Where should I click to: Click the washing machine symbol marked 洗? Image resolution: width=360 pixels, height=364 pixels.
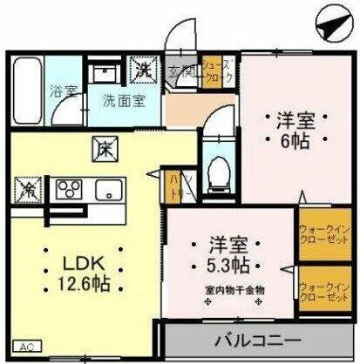tap(141, 66)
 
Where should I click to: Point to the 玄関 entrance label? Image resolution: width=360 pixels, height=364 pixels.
tap(180, 71)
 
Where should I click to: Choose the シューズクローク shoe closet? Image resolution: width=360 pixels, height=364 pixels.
tap(215, 71)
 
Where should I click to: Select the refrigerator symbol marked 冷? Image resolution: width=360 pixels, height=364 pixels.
tap(25, 187)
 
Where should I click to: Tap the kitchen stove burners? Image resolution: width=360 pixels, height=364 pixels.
tap(69, 187)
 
